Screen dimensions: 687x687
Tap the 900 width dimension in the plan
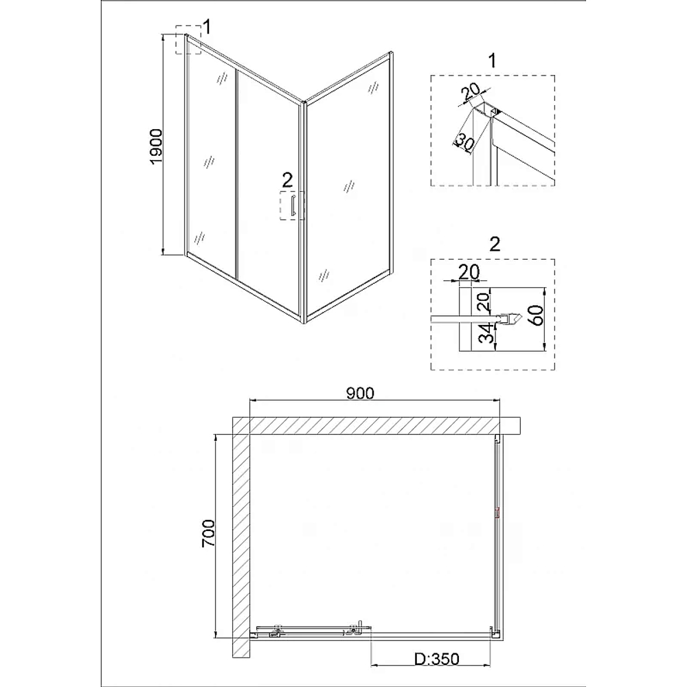tap(360, 394)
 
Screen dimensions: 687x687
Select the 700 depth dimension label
tap(209, 533)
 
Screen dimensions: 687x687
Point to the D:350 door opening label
tap(437, 659)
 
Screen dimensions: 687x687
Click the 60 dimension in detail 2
tap(537, 315)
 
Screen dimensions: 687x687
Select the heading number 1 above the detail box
tap(493, 60)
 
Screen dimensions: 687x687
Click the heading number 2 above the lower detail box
tap(495, 244)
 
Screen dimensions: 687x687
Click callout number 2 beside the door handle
tap(287, 179)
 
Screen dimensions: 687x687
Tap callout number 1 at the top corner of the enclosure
tap(207, 27)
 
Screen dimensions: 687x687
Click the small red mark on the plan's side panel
tap(497, 513)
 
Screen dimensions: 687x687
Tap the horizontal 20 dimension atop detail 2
tap(469, 272)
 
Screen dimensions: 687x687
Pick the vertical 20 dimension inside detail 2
tap(483, 302)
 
